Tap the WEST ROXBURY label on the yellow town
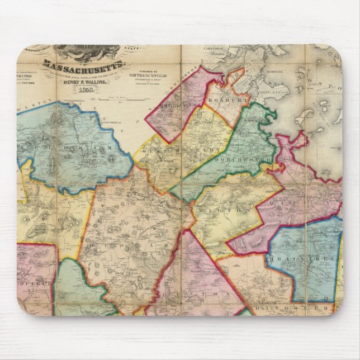point(179,151)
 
